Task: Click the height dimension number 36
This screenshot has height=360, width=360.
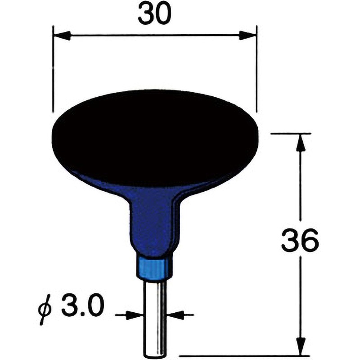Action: pos(300,239)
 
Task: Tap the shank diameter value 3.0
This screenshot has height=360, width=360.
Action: pos(83,305)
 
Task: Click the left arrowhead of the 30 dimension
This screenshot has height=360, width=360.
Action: pos(62,36)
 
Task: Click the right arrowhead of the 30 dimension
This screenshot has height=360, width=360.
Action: pos(247,36)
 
